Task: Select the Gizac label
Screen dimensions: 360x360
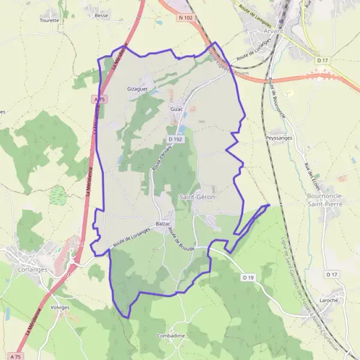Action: pos(176,110)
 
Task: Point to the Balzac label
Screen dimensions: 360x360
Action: pos(163,224)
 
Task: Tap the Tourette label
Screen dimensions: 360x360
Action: pos(49,20)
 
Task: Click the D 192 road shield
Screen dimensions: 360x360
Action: pos(175,139)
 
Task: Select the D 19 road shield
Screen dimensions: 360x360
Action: pos(249,277)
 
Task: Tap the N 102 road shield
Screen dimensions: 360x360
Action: pos(185,17)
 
